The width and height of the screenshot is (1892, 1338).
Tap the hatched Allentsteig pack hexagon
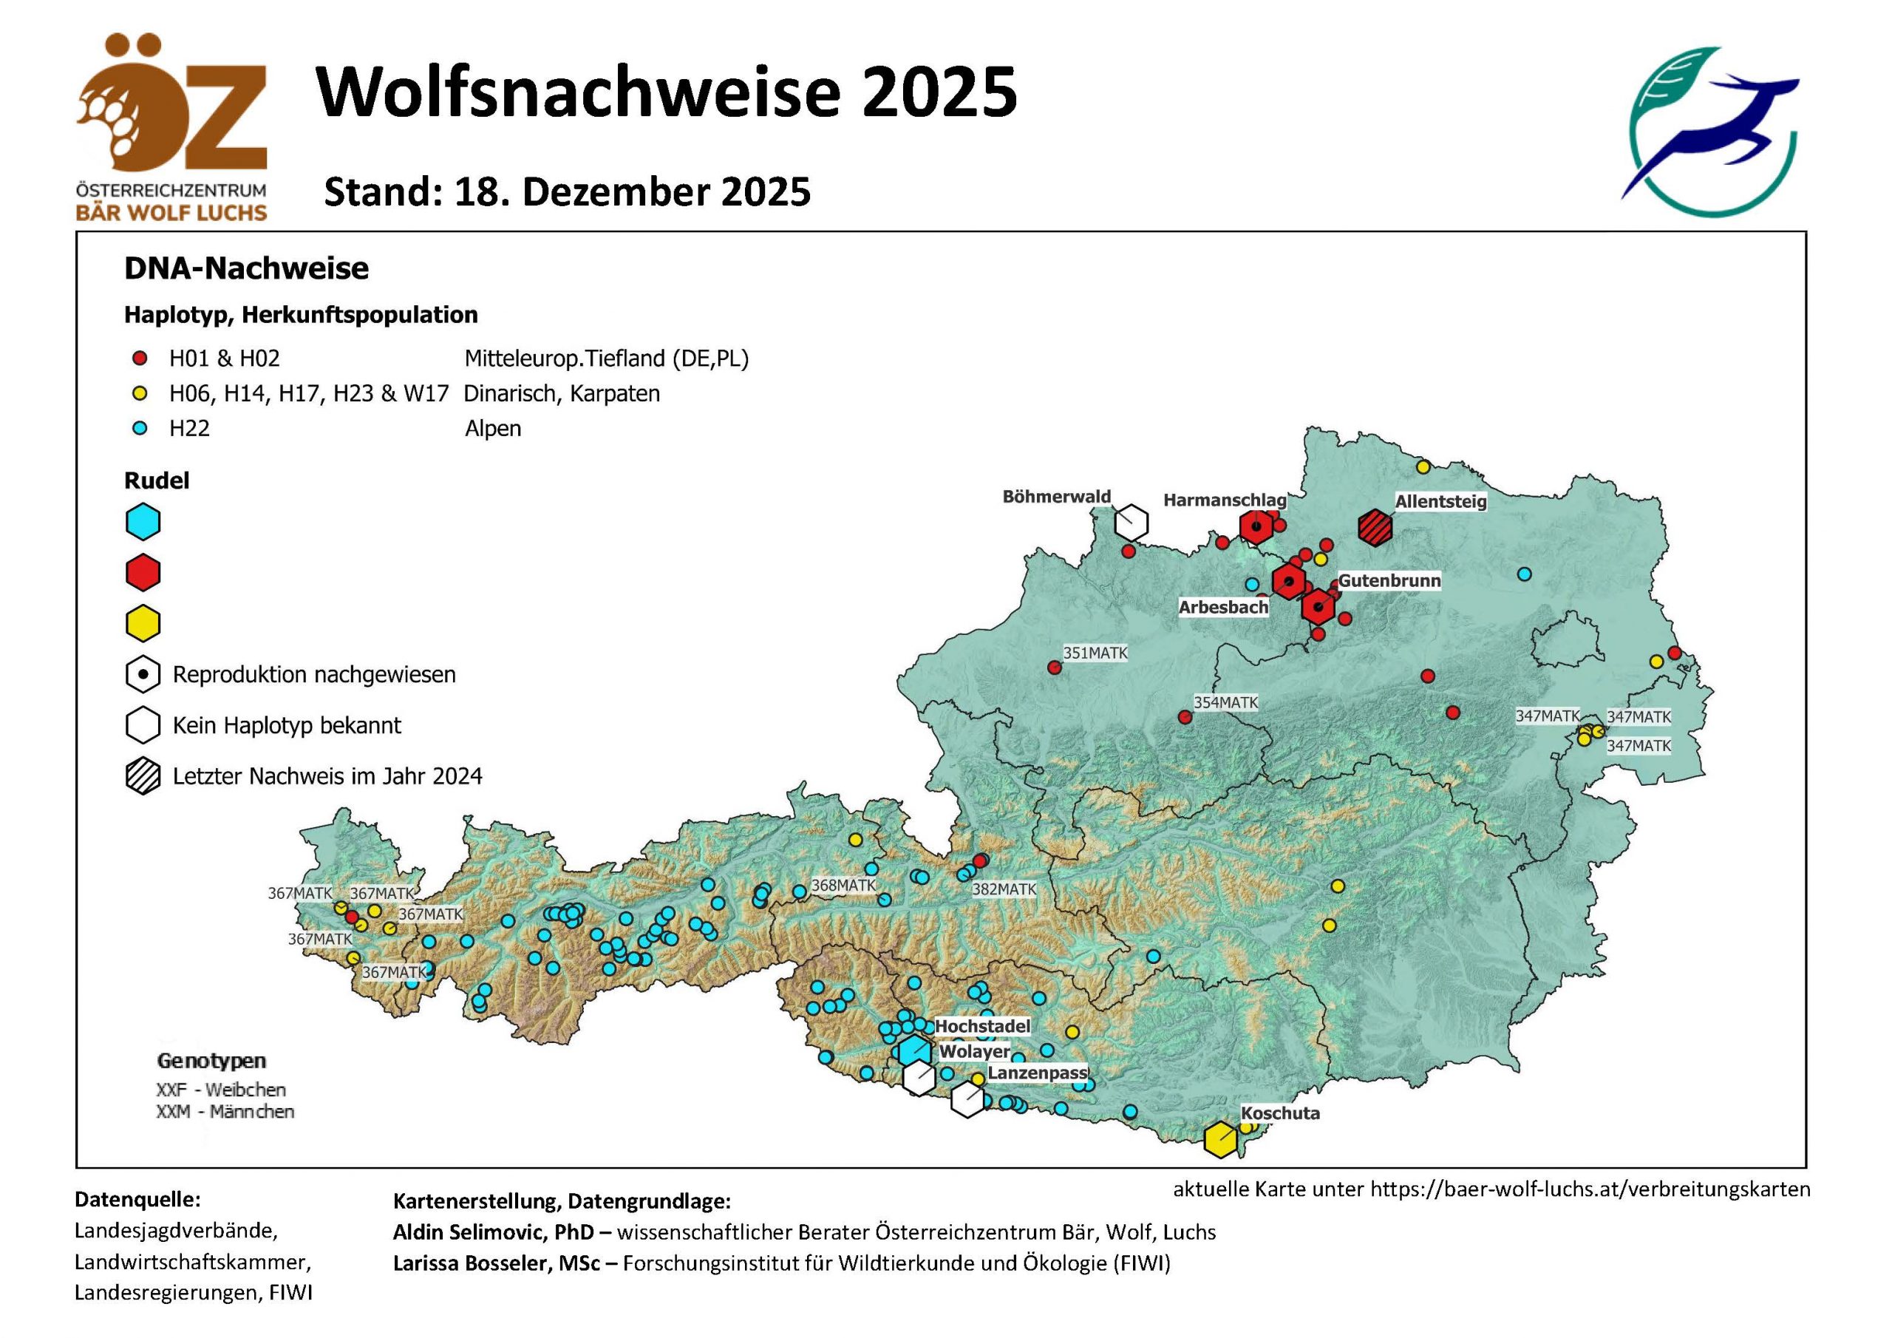[x=1375, y=527]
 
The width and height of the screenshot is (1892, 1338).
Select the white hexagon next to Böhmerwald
[x=1132, y=522]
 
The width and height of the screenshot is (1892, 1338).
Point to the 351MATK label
[x=1095, y=653]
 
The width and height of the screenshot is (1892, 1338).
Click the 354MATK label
[x=1225, y=702]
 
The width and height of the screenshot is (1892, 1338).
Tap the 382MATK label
[x=1004, y=889]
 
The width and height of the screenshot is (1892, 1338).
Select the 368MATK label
[x=844, y=886]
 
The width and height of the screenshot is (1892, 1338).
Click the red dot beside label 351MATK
[x=1053, y=668]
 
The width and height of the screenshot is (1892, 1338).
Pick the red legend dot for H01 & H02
[x=140, y=359]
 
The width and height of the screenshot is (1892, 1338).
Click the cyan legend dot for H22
[x=140, y=429]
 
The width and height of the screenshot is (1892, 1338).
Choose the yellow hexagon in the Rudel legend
[x=143, y=623]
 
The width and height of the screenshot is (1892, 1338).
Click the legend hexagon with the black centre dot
[x=143, y=674]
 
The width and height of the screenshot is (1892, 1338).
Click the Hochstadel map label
[x=982, y=1026]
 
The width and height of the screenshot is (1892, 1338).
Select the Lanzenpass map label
[x=1038, y=1073]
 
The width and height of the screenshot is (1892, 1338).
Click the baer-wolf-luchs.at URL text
[x=1590, y=1189]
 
